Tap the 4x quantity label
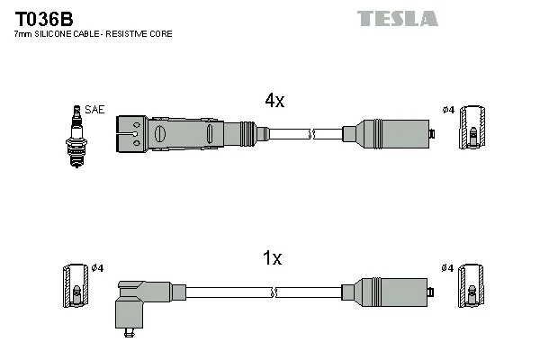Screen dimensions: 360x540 pyautogui.click(x=274, y=101)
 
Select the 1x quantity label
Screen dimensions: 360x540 pyautogui.click(x=272, y=259)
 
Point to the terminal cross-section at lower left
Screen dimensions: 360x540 pyautogui.click(x=75, y=285)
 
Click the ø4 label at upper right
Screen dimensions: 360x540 pyautogui.click(x=448, y=111)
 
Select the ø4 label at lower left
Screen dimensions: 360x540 pyautogui.click(x=97, y=268)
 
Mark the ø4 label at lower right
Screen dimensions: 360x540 pyautogui.click(x=448, y=268)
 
